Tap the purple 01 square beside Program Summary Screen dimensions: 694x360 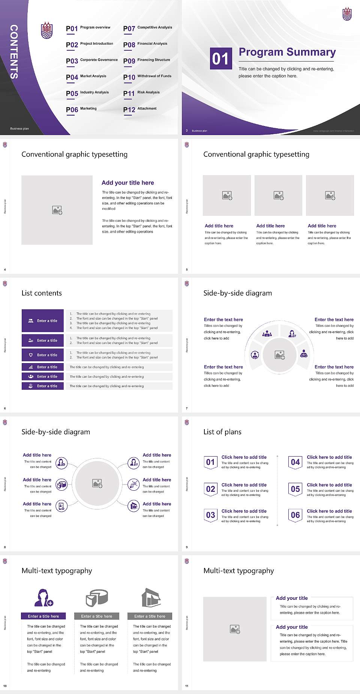[220, 59]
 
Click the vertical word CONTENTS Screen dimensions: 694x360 [13, 52]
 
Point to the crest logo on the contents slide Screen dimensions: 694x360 [46, 31]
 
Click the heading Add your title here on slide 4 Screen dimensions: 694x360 [127, 183]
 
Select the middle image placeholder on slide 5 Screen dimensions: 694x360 [278, 195]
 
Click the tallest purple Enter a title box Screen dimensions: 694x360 [42, 320]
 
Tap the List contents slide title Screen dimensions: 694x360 [42, 293]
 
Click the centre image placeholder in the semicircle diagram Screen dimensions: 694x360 [279, 355]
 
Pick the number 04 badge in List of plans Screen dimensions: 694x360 [295, 462]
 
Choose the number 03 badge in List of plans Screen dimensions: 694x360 [210, 515]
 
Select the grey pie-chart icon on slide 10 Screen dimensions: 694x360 [97, 598]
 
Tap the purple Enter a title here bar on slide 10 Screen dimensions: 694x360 [43, 616]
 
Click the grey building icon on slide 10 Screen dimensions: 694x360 [151, 598]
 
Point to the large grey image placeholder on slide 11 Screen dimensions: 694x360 [235, 629]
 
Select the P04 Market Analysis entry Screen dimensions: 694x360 [86, 77]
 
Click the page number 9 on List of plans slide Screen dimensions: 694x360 [186, 547]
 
